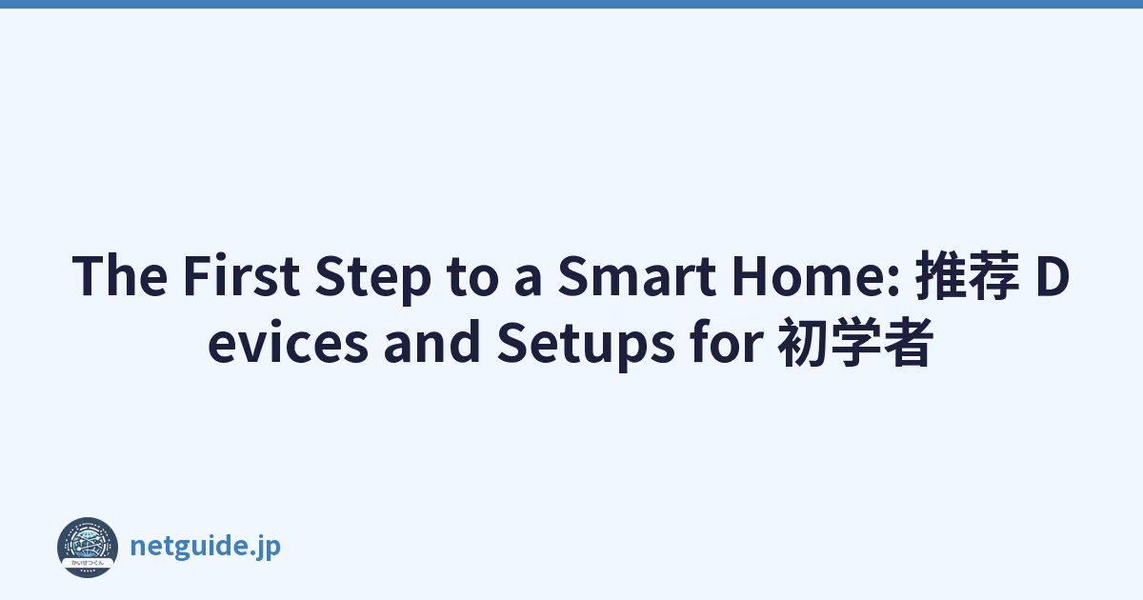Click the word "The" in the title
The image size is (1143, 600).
click(120, 275)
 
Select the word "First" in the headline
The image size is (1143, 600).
click(241, 275)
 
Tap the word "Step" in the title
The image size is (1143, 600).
click(373, 278)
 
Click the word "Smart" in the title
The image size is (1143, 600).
click(637, 275)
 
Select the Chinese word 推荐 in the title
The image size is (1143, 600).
click(968, 275)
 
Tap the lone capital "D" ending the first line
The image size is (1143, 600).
click(1053, 275)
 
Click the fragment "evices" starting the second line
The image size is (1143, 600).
click(289, 343)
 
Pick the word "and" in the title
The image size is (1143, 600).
click(431, 342)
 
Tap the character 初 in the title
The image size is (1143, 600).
click(803, 342)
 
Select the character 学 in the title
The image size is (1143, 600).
click(855, 342)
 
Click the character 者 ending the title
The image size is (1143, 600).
click(908, 342)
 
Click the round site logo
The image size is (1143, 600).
click(88, 548)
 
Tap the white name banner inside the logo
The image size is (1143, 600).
click(88, 563)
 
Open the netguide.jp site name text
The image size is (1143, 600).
click(206, 547)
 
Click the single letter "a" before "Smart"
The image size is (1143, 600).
click(528, 281)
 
